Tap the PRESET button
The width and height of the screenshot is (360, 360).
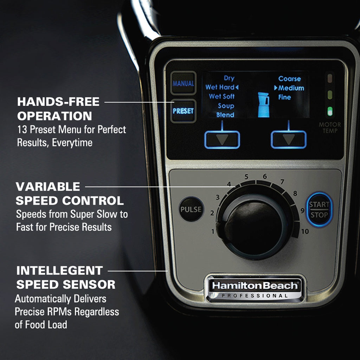pos(183,111)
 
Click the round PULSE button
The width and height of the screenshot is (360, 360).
pos(191,209)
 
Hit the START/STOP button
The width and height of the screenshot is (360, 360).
pos(319,210)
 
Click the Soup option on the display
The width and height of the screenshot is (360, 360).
pos(226,106)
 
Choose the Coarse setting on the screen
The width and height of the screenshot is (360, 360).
pos(289,79)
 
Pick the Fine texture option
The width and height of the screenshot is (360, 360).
pos(284,97)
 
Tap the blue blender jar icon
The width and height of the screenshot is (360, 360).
pos(263,104)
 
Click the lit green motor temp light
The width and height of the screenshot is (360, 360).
pos(330,111)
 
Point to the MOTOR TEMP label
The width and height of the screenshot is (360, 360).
pos(330,128)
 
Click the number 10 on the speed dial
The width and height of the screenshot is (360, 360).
pos(305,231)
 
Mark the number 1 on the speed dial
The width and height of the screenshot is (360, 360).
pos(213,231)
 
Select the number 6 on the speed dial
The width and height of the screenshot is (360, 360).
pos(265,176)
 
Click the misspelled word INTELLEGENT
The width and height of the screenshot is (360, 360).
pos(59,271)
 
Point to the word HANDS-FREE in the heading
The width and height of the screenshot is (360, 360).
pos(58,102)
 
